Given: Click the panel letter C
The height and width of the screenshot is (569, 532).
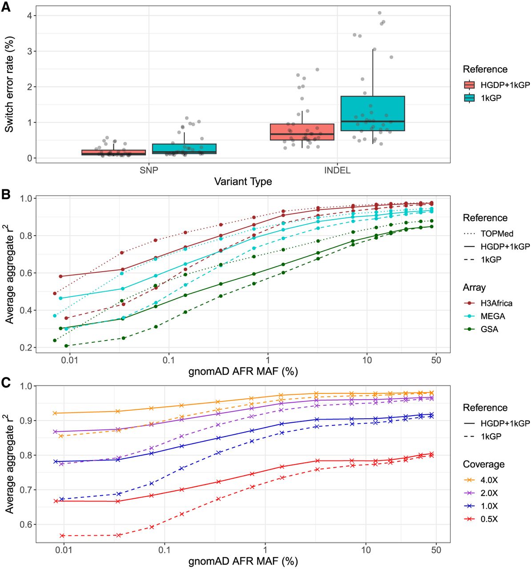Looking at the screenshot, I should click(6, 383).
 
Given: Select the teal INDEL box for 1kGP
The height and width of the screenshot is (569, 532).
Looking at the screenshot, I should click(372, 113).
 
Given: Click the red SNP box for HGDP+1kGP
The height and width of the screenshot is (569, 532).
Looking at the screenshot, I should click(114, 152).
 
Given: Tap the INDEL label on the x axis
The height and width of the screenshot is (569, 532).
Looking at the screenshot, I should click(337, 170).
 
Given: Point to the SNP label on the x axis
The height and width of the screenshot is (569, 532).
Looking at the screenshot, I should click(149, 170).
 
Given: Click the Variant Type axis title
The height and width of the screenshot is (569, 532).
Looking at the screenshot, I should click(243, 181).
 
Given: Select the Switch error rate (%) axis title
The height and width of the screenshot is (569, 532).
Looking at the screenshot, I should click(9, 84).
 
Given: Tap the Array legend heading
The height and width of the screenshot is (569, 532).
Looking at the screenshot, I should click(474, 288).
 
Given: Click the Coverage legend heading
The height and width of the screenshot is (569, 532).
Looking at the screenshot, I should click(484, 464).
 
